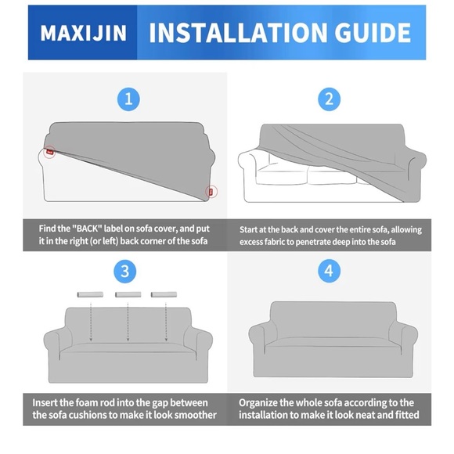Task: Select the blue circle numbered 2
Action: (x=329, y=99)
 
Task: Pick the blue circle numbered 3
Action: (x=125, y=272)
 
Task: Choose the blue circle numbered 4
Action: (x=329, y=272)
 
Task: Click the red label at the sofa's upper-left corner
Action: (x=50, y=152)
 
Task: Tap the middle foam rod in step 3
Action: (x=127, y=294)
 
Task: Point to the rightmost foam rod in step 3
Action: (x=164, y=294)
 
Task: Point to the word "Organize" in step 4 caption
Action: (x=263, y=402)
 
